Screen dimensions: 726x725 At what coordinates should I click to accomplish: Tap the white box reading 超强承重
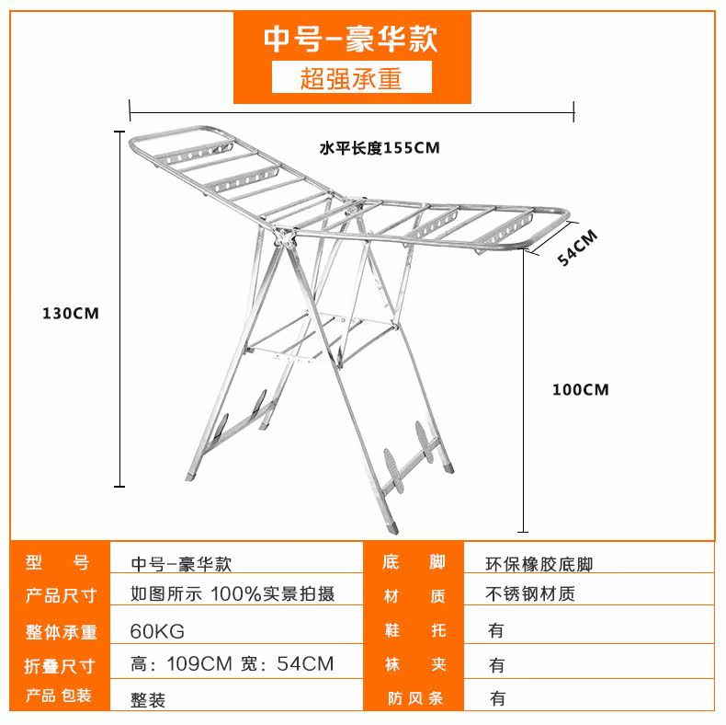click(351, 78)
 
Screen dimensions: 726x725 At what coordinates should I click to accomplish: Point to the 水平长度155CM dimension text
click(380, 147)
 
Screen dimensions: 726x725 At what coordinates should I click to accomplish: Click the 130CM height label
click(70, 313)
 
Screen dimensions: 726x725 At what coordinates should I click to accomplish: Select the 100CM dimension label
click(581, 389)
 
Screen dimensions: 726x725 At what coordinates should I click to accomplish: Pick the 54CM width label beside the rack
click(577, 247)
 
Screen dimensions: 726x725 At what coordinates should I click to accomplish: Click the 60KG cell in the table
click(157, 631)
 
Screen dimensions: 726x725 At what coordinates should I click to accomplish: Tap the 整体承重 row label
click(61, 631)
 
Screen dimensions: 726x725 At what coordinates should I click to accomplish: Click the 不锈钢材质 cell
click(530, 594)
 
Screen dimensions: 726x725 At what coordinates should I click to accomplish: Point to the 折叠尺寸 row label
click(61, 664)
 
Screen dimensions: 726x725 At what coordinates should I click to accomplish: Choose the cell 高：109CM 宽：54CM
click(233, 663)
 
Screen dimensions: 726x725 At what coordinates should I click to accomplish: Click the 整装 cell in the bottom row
click(149, 698)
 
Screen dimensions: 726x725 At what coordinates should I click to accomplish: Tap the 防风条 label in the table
click(414, 698)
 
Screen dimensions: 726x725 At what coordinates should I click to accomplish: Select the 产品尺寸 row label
click(61, 595)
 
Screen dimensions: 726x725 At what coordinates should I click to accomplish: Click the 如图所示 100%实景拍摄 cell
click(233, 593)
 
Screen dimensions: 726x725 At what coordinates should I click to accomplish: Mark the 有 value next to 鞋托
click(497, 631)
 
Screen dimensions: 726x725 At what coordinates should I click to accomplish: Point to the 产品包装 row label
click(61, 696)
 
